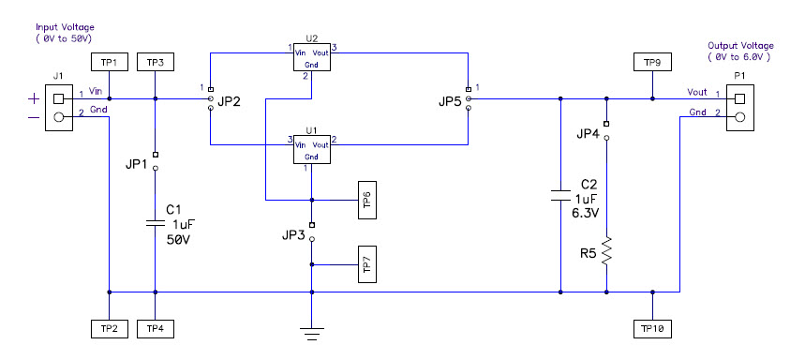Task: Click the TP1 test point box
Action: tap(110, 62)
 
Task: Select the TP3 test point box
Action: tap(155, 62)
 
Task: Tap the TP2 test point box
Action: tap(110, 328)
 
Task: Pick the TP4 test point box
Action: tap(155, 328)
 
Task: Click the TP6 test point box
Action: tap(366, 200)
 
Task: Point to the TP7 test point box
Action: tap(366, 265)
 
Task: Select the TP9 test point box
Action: tap(652, 62)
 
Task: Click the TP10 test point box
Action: tap(652, 328)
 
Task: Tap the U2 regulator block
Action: tap(312, 56)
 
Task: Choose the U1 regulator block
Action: tap(312, 151)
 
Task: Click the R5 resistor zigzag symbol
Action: tap(607, 251)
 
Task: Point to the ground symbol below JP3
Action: tap(311, 330)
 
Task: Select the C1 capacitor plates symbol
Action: tap(155, 224)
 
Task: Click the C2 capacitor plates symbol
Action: tap(560, 195)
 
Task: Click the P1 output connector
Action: tap(740, 107)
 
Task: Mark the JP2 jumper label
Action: tap(229, 102)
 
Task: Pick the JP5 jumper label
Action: tap(449, 102)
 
